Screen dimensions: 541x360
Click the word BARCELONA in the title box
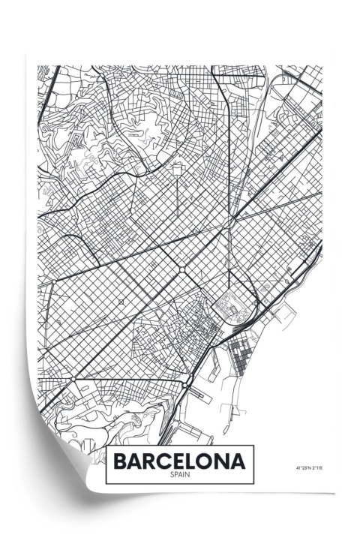[180, 460]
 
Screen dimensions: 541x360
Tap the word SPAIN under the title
[180, 474]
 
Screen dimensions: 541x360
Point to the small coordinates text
[310, 469]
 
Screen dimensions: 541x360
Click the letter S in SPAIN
[171, 474]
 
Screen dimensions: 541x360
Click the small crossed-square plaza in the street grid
[121, 302]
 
